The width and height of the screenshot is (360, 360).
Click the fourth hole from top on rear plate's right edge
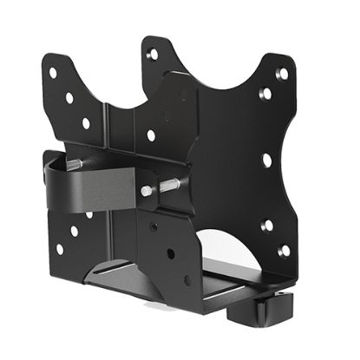pyautogui.click(x=269, y=225)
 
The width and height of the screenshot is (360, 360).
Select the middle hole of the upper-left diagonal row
pyautogui.click(x=69, y=97)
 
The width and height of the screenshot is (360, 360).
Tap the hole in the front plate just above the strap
pyautogui.click(x=151, y=135)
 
